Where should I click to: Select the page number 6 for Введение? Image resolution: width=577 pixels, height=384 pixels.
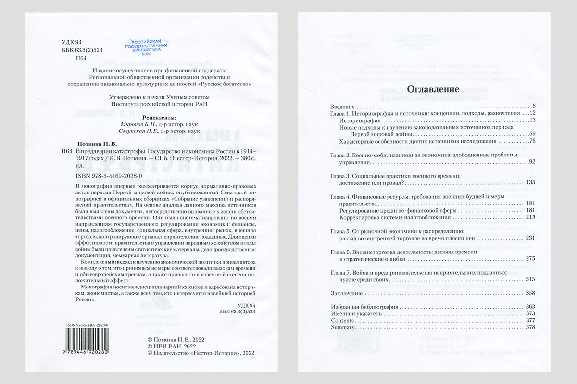coord(534,106)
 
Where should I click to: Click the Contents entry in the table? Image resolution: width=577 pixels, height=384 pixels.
coord(342,320)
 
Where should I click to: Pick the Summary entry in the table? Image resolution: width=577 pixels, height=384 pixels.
coord(343,327)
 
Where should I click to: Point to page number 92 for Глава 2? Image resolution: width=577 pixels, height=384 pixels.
coord(532,162)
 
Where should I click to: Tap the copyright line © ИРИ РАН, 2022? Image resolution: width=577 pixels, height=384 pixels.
coord(172,346)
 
